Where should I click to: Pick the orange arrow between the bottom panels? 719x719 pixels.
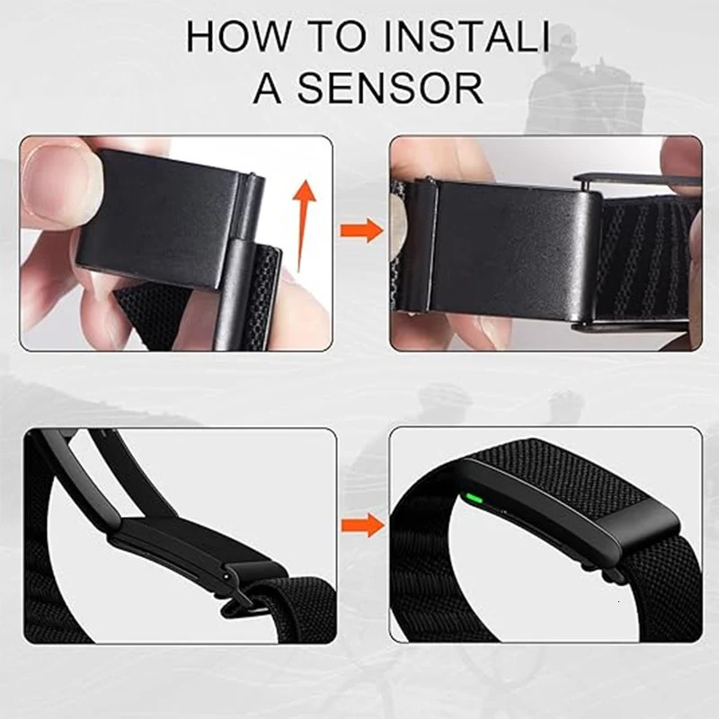(361, 524)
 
